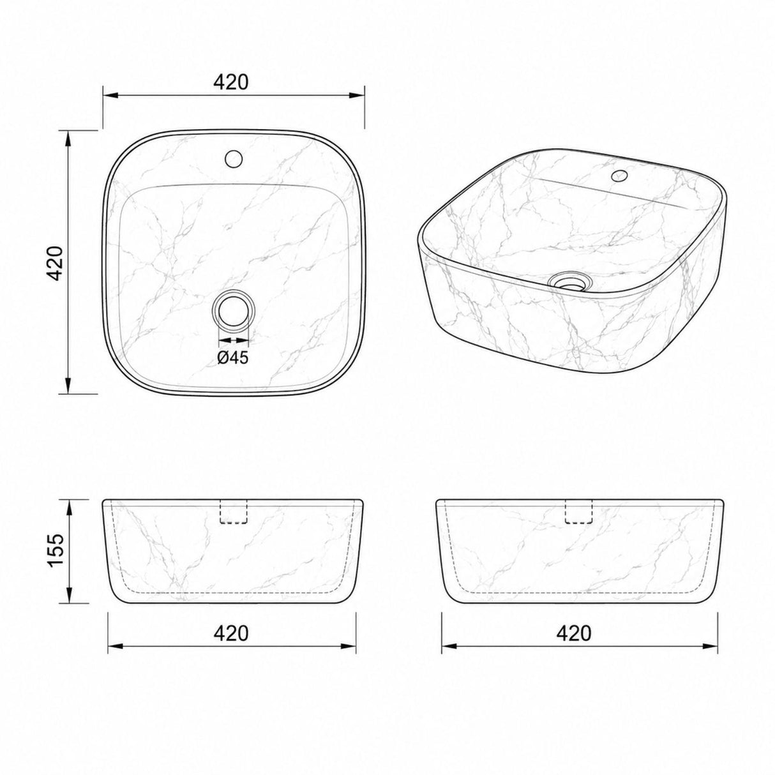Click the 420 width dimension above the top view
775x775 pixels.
point(231,82)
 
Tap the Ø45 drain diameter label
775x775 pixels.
point(233,346)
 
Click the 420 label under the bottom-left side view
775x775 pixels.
point(231,633)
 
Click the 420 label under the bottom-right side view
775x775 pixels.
point(574,633)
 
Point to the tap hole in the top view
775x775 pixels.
point(233,158)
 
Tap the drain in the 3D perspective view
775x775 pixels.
point(569,280)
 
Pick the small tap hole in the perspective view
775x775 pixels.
point(619,176)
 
